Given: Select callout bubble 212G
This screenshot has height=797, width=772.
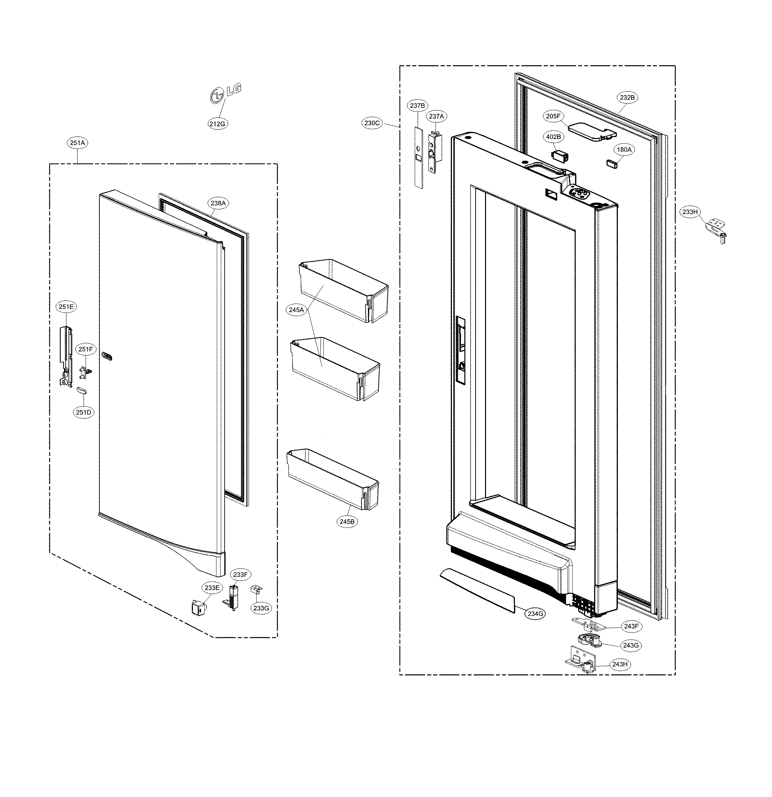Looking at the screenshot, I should (x=217, y=124).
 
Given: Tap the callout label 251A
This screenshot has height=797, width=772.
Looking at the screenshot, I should (x=78, y=143).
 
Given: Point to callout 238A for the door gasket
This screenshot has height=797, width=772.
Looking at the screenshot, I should (x=218, y=203).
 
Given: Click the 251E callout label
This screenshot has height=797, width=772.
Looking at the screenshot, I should (x=66, y=307).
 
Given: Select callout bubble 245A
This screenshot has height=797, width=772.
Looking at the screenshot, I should (x=296, y=310).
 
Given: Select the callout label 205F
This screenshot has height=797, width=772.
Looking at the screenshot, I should (x=554, y=116).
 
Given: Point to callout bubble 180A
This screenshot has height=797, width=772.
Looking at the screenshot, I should (x=624, y=149).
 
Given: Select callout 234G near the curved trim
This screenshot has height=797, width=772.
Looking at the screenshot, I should (x=535, y=614).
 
